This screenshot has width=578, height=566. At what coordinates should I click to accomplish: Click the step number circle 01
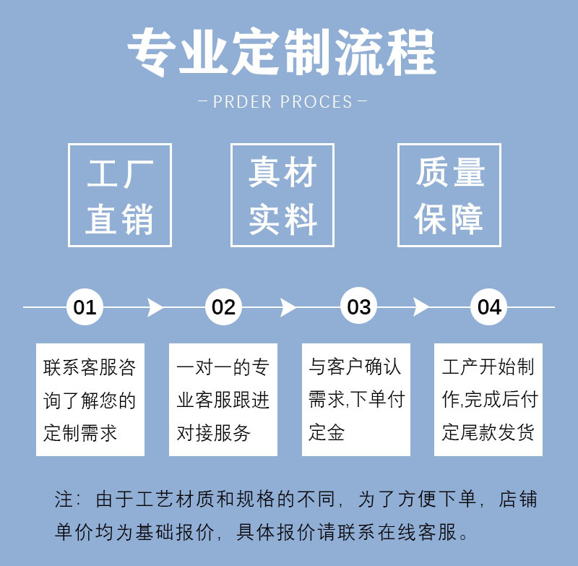point(85,307)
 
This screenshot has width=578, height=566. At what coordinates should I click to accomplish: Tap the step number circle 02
point(223,307)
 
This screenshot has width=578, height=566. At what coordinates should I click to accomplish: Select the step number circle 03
point(358,307)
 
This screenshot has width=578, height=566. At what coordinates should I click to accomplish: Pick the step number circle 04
point(489,307)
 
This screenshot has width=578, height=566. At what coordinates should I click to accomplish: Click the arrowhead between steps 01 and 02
point(155,307)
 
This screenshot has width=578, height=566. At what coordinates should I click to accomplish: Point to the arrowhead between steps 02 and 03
point(288,307)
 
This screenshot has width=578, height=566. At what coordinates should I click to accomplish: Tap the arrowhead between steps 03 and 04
point(421,307)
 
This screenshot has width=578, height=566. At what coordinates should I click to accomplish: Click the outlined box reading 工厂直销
point(120,195)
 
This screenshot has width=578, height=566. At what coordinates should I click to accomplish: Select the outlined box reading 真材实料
point(282,195)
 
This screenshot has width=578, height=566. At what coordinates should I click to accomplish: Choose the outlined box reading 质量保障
point(449,195)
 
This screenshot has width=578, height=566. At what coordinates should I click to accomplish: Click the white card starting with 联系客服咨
point(90,399)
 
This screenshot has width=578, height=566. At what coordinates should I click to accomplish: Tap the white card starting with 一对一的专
point(223,399)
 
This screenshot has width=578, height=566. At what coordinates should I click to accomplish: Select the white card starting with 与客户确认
point(356,399)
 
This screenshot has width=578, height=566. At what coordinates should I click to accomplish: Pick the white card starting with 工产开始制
point(488,399)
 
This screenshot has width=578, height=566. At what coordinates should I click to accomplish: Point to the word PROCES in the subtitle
point(316,102)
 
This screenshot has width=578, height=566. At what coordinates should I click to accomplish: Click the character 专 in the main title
point(152,53)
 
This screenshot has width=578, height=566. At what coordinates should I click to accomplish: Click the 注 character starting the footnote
point(64,500)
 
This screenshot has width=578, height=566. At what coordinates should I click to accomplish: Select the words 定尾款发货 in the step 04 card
point(488,432)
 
